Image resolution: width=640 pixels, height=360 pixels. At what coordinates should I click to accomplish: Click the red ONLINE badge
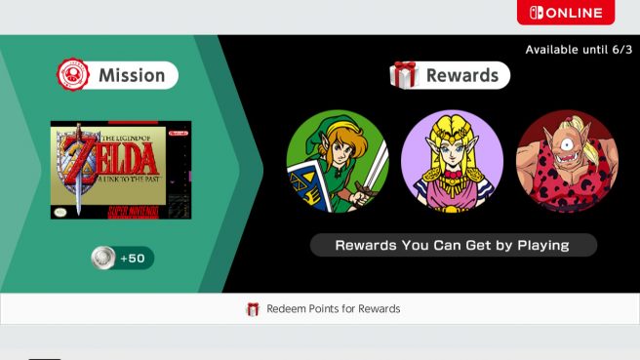click(x=566, y=13)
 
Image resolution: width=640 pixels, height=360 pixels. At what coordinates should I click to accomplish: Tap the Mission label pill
click(x=118, y=74)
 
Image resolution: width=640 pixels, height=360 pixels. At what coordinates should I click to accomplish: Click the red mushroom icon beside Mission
click(x=74, y=74)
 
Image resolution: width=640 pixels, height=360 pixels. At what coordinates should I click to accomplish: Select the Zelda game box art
click(x=121, y=170)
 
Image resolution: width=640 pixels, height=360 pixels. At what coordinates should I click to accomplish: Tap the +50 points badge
click(x=121, y=258)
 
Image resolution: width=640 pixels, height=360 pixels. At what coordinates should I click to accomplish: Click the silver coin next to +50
click(x=103, y=258)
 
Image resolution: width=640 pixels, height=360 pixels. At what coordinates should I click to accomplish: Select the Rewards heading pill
click(x=449, y=75)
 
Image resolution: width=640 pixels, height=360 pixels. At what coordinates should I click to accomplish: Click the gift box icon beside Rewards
click(x=404, y=75)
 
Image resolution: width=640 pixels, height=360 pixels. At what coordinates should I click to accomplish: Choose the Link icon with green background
click(x=338, y=161)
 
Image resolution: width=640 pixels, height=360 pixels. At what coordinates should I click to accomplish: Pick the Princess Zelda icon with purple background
click(x=452, y=161)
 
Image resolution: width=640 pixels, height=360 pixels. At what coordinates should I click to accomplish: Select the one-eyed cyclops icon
click(x=566, y=161)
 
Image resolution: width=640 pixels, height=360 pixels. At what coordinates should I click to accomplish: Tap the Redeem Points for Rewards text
click(x=333, y=308)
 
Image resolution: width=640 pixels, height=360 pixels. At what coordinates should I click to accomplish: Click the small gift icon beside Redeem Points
click(x=253, y=309)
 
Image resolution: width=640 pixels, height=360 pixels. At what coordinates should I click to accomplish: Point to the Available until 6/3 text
click(x=578, y=50)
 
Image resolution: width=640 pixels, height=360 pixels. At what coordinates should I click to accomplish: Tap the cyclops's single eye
click(x=569, y=139)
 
